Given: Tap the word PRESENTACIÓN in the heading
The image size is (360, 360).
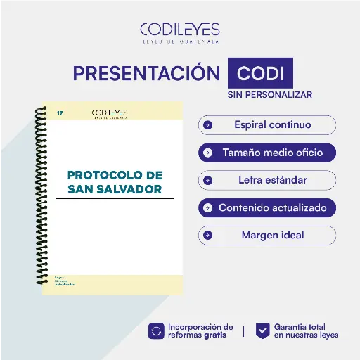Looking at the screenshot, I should pyautogui.click(x=147, y=74).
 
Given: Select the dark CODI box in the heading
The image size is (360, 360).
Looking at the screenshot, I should pyautogui.click(x=260, y=74).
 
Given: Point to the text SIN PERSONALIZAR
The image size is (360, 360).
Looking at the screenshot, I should pyautogui.click(x=269, y=94).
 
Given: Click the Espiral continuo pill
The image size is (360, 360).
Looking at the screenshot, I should pyautogui.click(x=267, y=125).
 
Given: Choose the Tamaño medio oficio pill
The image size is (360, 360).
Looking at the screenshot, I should pyautogui.click(x=267, y=153).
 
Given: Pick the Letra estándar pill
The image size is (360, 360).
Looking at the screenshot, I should pyautogui.click(x=267, y=180).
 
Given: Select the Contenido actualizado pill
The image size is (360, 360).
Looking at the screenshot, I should pyautogui.click(x=267, y=208).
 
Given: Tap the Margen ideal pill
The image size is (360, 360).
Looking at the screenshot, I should pyautogui.click(x=267, y=235).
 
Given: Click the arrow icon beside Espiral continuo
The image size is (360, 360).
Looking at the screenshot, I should pyautogui.click(x=207, y=125).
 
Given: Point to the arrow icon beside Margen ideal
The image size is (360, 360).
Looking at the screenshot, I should pyautogui.click(x=207, y=236).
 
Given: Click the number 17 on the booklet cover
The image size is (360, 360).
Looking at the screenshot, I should pyautogui.click(x=60, y=112).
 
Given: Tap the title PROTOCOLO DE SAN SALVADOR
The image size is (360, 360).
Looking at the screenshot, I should pyautogui.click(x=115, y=181).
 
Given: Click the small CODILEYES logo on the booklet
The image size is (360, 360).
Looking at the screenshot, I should pyautogui.click(x=109, y=113).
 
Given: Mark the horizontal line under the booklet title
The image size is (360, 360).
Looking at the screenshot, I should pyautogui.click(x=115, y=199).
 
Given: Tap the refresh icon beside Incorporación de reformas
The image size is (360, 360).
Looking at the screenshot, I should pyautogui.click(x=155, y=331).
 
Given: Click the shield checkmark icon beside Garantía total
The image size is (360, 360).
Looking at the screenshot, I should pyautogui.click(x=262, y=331).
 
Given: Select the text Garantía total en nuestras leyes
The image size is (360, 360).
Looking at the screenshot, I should pyautogui.click(x=306, y=331).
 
